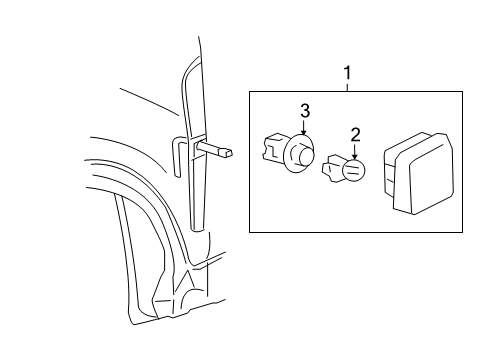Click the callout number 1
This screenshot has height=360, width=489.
[x=347, y=73]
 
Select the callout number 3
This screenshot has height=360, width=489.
[x=306, y=109]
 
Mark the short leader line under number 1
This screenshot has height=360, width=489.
[x=347, y=86]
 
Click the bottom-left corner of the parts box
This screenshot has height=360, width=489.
[x=250, y=232]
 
